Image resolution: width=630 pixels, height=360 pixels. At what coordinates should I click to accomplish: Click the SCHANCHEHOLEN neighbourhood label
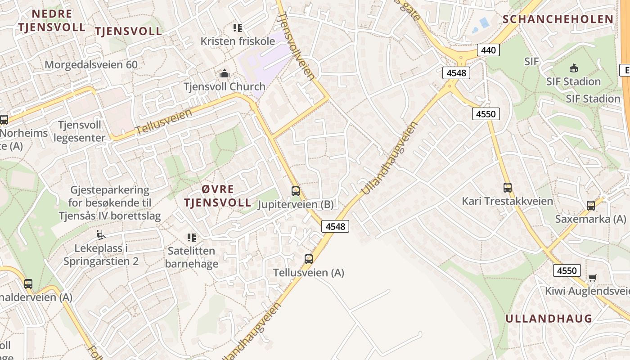point(558,19)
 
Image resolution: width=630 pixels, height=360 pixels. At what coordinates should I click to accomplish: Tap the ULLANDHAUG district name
point(549,319)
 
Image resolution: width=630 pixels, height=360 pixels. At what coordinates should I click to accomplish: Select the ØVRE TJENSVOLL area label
point(217,195)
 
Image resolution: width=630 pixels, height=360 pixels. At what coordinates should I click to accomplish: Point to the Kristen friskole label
point(238,41)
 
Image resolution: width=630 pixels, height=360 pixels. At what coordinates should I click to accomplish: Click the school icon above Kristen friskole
point(238,28)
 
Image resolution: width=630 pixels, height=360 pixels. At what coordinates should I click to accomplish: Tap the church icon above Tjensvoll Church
point(224,73)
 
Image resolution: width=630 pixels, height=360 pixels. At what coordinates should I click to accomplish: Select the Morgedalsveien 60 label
point(91,64)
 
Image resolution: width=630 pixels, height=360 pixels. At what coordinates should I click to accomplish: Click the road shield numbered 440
point(488,50)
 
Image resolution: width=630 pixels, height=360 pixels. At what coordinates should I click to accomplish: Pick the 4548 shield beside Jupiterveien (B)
point(335,226)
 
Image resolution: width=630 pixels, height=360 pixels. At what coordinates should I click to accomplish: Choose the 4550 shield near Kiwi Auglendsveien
point(567,270)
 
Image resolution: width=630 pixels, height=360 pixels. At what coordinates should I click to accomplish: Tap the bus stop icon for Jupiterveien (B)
point(296,191)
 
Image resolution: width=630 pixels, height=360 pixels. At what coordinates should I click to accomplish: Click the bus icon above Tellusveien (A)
point(309,259)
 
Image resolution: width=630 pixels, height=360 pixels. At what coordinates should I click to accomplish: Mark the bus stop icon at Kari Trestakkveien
point(508,188)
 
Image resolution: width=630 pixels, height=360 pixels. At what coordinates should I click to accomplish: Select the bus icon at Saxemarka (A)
point(591,206)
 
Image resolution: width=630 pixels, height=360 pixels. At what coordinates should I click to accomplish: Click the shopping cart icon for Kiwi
point(592,278)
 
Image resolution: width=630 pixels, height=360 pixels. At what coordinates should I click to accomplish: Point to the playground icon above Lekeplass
point(101,235)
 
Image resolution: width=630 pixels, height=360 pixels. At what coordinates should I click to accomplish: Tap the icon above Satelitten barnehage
point(192,237)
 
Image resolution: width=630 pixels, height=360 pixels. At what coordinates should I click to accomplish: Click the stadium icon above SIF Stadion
point(573,68)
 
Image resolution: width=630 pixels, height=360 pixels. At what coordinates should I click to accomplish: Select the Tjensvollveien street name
point(297,46)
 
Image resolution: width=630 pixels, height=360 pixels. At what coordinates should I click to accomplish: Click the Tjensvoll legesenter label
point(80,131)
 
